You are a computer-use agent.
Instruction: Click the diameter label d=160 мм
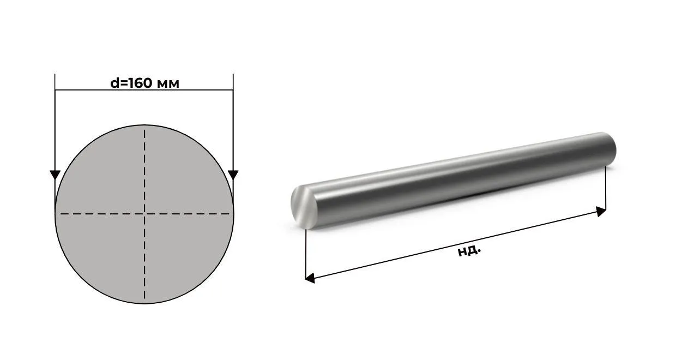144,83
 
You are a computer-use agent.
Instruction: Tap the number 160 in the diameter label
139,83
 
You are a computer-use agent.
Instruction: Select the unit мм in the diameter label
168,84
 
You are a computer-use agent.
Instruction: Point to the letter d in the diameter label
114,83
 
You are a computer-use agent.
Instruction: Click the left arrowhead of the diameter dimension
55,175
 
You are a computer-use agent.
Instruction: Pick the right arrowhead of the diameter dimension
233,175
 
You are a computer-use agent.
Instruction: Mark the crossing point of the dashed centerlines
144,214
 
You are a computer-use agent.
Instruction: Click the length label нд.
469,250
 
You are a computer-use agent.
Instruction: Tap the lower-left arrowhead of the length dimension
310,278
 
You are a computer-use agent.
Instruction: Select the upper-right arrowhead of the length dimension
601,211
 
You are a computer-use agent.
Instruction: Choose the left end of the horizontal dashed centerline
61,214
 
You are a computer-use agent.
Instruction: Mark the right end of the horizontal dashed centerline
229,214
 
